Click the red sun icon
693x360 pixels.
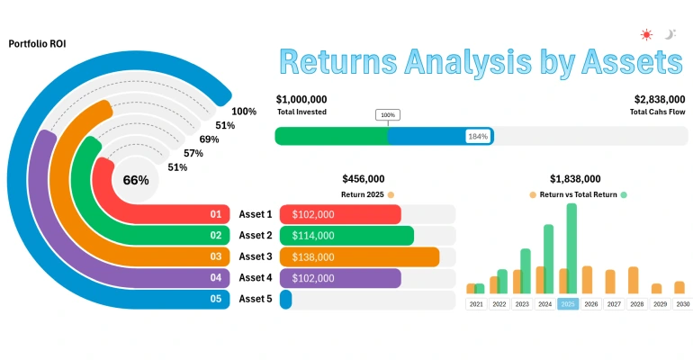pyautogui.click(x=646, y=35)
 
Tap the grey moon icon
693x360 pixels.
pyautogui.click(x=670, y=35)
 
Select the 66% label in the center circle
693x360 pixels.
pyautogui.click(x=136, y=180)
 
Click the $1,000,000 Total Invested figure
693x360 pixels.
pyautogui.click(x=301, y=99)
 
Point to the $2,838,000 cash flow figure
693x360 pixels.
pyautogui.click(x=661, y=99)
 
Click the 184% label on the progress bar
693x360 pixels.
pyautogui.click(x=477, y=136)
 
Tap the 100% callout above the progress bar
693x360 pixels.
pyautogui.click(x=388, y=115)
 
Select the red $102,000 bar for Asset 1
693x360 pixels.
pyautogui.click(x=340, y=215)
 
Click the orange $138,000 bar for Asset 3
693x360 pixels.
pyautogui.click(x=359, y=256)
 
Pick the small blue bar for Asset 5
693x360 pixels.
pyautogui.click(x=286, y=299)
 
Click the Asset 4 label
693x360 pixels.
pyautogui.click(x=255, y=278)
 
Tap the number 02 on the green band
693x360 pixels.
pyautogui.click(x=216, y=236)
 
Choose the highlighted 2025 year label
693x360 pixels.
pyautogui.click(x=567, y=304)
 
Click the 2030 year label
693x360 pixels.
pyautogui.click(x=683, y=304)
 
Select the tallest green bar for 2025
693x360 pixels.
pyautogui.click(x=571, y=248)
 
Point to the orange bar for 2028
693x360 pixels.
pyautogui.click(x=634, y=280)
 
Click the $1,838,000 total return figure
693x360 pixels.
pyautogui.click(x=575, y=179)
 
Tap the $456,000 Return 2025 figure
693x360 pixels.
pyautogui.click(x=364, y=179)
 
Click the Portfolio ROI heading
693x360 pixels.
pyautogui.click(x=37, y=43)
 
